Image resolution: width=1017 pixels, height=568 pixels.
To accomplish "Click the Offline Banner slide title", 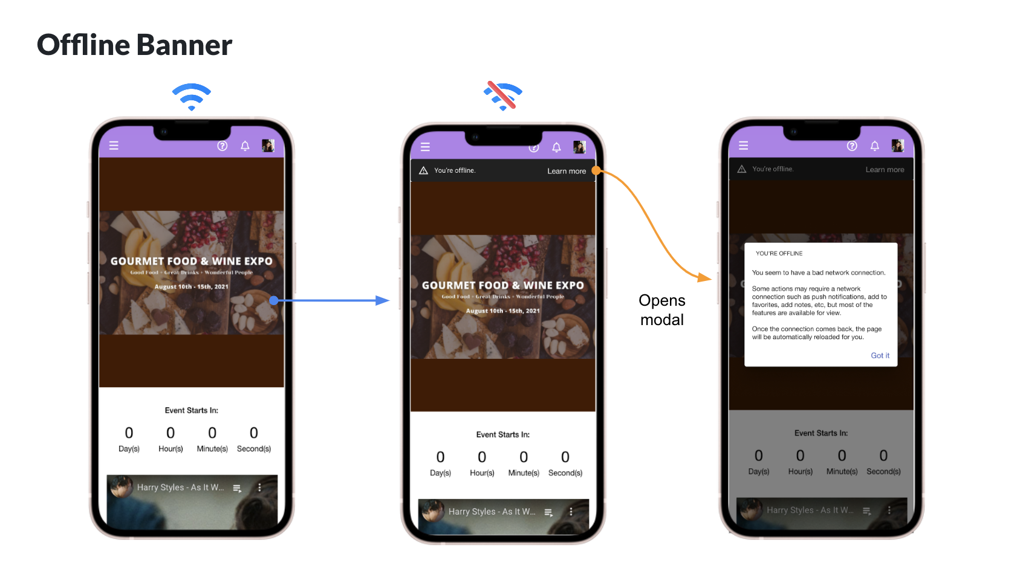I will tap(134, 45).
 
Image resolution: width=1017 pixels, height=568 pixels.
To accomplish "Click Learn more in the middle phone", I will tap(567, 171).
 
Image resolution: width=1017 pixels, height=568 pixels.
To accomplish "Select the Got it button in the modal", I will tap(880, 355).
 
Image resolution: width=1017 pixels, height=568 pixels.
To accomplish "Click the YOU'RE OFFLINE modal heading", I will tap(779, 254).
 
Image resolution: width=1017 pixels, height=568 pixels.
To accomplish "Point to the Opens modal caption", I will tap(662, 310).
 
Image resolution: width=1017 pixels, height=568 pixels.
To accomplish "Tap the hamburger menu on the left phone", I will tap(114, 146).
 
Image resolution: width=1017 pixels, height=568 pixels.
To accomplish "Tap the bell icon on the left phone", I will tap(245, 146).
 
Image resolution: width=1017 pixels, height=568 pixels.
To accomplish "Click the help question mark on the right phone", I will tap(852, 146).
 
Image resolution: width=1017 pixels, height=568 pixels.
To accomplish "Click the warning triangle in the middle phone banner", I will tap(423, 170).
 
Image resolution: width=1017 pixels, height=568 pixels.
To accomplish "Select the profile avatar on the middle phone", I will tap(579, 147).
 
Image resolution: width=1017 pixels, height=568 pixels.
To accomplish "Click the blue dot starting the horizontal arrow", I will tap(274, 300).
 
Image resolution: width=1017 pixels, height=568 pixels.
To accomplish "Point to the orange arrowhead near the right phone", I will tap(704, 277).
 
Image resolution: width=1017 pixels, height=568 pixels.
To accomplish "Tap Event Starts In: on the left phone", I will tap(191, 410).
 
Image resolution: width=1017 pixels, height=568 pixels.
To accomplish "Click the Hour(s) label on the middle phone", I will tap(482, 473).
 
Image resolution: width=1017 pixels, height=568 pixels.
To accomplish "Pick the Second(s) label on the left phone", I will tap(254, 449).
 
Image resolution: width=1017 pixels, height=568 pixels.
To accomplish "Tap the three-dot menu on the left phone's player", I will tap(260, 488).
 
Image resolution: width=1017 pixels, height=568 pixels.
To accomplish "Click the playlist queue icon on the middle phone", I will tap(548, 512).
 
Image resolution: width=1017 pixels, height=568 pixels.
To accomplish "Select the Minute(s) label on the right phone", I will tap(842, 471).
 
